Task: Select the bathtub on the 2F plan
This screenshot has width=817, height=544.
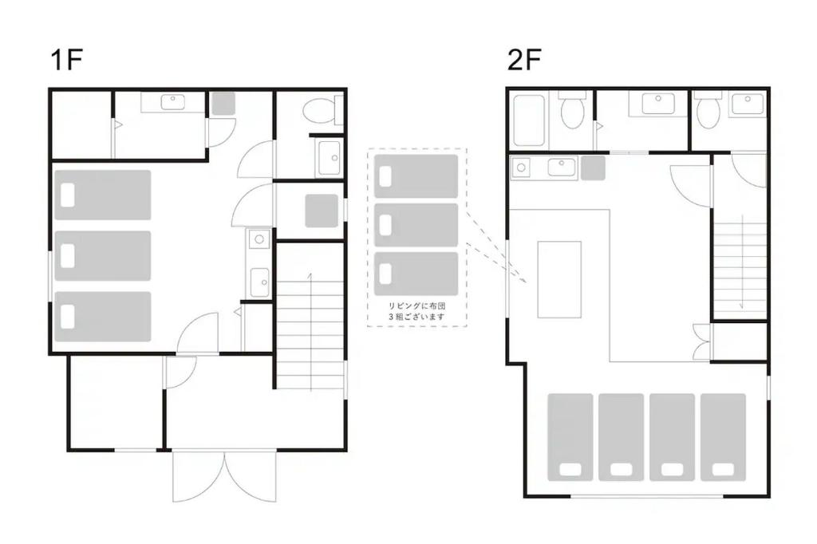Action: (x=528, y=120)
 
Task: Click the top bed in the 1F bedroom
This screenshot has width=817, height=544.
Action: (x=103, y=195)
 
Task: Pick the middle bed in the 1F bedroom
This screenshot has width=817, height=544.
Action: (x=103, y=256)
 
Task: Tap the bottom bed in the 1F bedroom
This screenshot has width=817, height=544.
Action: (x=103, y=317)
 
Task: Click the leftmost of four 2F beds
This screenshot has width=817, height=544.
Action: (x=570, y=437)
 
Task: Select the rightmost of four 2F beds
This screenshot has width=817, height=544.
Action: (x=723, y=437)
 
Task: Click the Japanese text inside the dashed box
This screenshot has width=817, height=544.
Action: (x=416, y=311)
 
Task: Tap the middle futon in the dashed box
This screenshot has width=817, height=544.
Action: (x=416, y=225)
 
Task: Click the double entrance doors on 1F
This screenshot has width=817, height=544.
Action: (x=224, y=476)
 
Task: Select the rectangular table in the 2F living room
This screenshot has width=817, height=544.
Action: (x=559, y=279)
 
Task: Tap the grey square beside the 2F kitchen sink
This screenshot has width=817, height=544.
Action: (x=593, y=168)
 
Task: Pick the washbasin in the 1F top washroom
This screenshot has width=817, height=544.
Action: (x=173, y=102)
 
